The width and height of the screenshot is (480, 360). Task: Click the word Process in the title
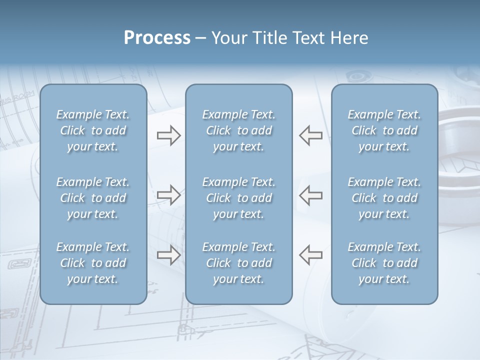click(x=157, y=38)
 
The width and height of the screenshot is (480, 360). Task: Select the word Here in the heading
click(x=349, y=38)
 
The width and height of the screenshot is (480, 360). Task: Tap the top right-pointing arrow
click(x=168, y=135)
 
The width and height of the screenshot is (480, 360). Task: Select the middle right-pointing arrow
click(x=168, y=195)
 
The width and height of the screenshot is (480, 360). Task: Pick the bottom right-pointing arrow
click(x=168, y=254)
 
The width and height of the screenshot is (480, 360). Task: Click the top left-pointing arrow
click(x=310, y=135)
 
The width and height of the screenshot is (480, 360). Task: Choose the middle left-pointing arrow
click(x=310, y=195)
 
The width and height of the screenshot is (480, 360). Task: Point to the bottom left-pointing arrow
click(x=310, y=254)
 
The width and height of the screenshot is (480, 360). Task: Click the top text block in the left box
click(x=93, y=130)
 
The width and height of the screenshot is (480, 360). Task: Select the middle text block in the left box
click(x=93, y=198)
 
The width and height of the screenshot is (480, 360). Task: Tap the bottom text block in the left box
click(x=93, y=263)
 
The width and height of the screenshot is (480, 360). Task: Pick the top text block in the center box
click(x=239, y=130)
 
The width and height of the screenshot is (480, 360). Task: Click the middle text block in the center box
click(x=239, y=198)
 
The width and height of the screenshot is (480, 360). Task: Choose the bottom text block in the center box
click(x=239, y=263)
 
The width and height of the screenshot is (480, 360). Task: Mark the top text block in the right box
click(x=384, y=130)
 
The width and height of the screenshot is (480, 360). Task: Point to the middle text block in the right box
click(x=384, y=198)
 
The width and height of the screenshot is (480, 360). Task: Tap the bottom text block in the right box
click(x=384, y=263)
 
